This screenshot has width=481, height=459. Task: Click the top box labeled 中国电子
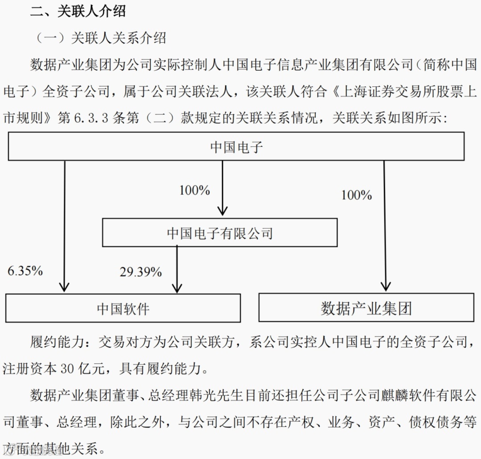tap(236, 146)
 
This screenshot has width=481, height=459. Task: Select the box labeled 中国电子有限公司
tap(220, 232)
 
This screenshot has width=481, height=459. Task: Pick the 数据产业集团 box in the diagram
tap(366, 308)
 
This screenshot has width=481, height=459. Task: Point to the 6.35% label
tap(25, 271)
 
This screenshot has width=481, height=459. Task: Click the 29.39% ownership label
tap(140, 272)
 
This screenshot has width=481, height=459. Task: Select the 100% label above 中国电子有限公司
tap(195, 190)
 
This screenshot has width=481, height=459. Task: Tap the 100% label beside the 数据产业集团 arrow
tap(356, 195)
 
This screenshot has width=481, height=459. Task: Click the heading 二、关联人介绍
tap(78, 11)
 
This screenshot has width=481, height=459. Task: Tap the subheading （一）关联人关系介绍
tap(101, 38)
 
